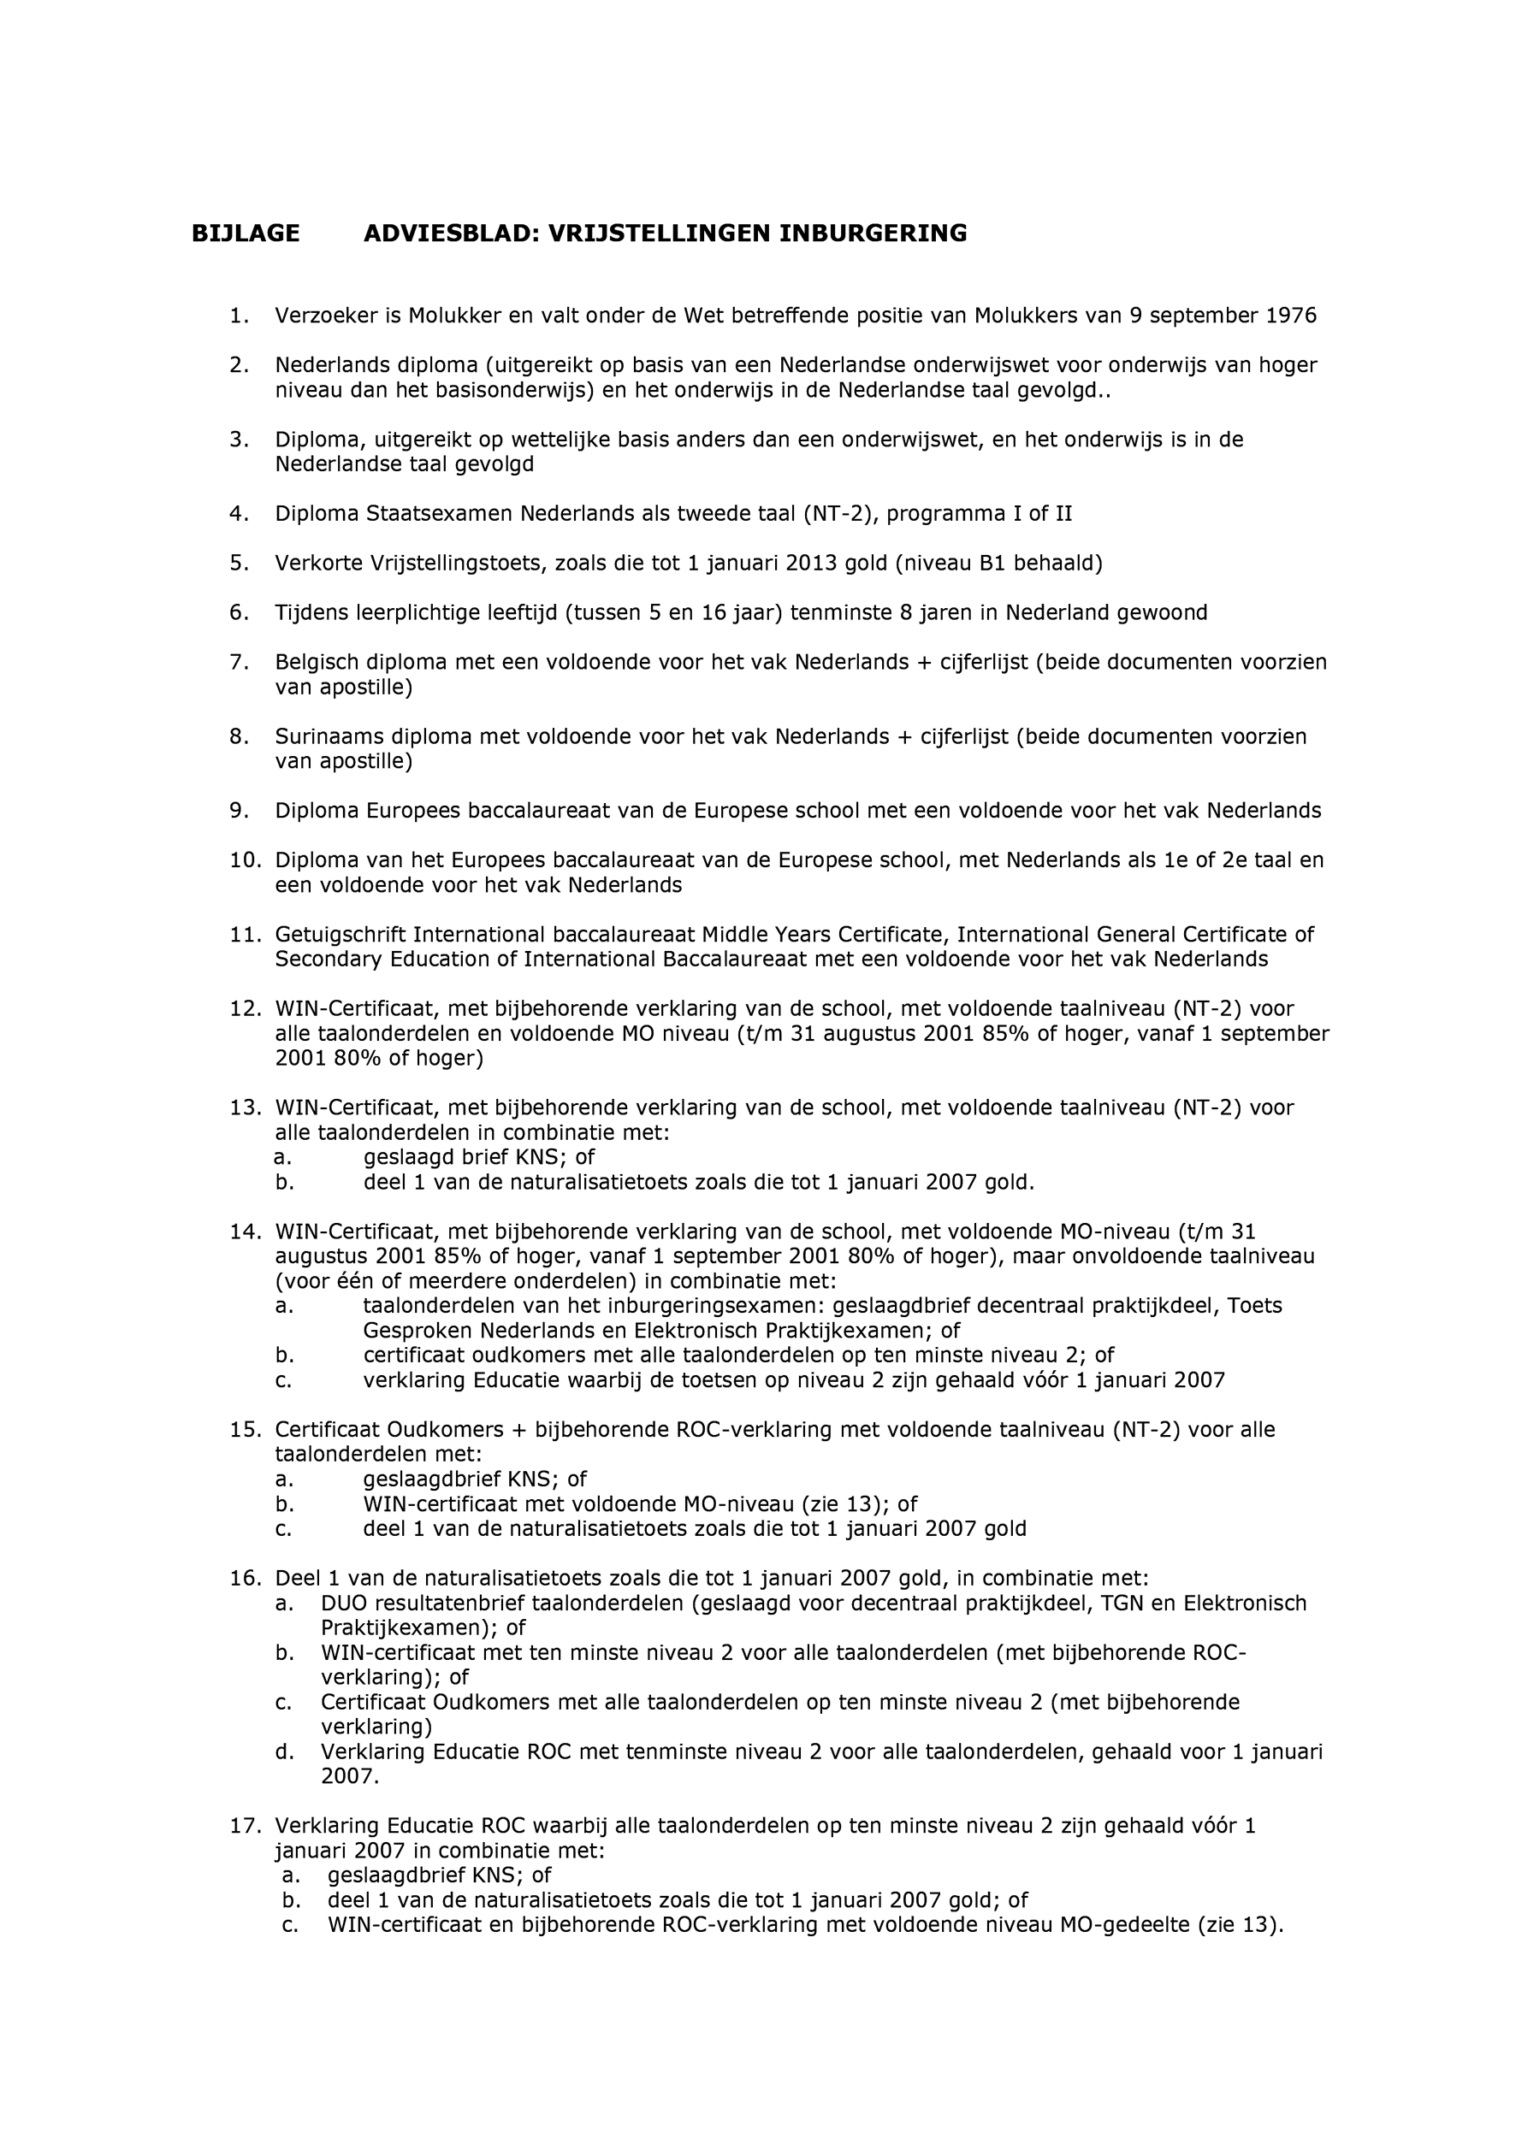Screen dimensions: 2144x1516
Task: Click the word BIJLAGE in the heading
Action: click(x=246, y=233)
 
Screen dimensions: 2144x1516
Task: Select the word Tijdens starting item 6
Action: click(x=311, y=612)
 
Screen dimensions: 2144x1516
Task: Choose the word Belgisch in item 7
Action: click(x=316, y=662)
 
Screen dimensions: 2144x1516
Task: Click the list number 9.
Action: click(x=240, y=811)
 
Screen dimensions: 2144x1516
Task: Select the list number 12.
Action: click(x=245, y=1008)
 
